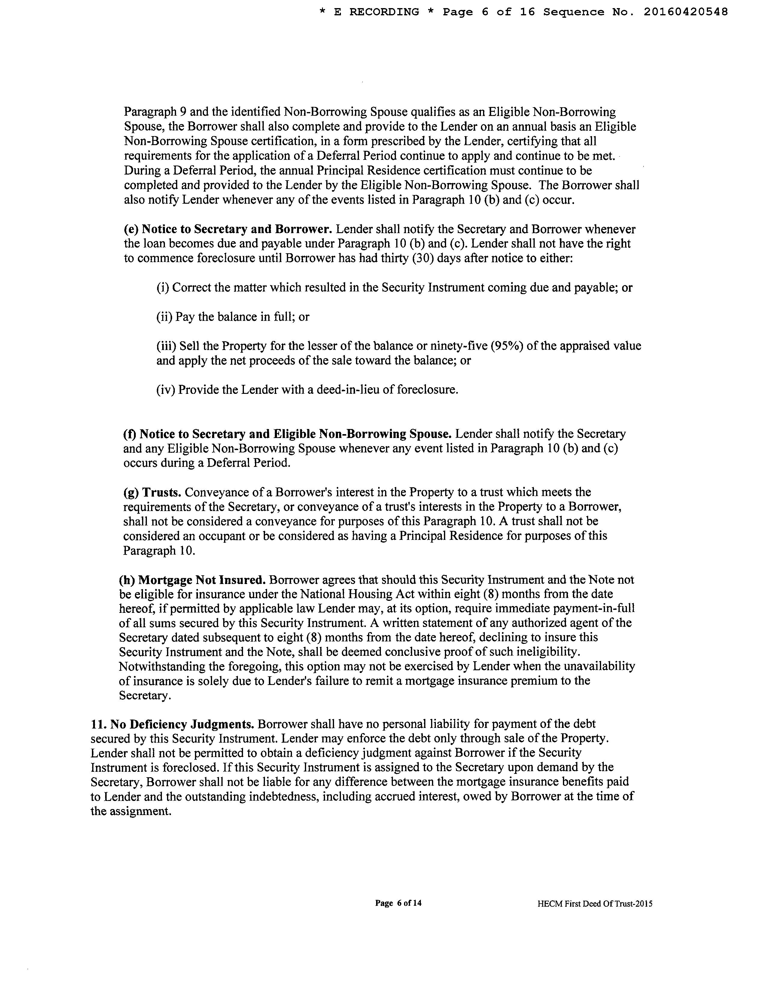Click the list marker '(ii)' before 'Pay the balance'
tap(164, 317)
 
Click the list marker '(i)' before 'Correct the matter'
tap(163, 288)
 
